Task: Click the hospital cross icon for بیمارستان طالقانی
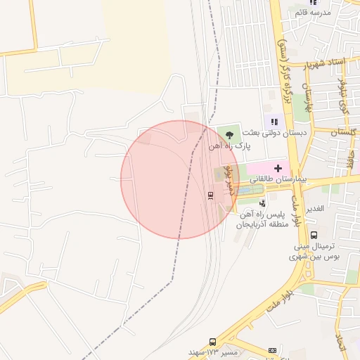coord(278,168)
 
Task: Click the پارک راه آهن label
coord(229,146)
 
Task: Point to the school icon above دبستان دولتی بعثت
coord(274,122)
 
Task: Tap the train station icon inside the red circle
coord(210,195)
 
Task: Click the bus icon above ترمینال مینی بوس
coord(314,236)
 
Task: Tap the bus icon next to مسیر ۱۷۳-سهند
coord(213,341)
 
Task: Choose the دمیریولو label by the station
coord(228,181)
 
